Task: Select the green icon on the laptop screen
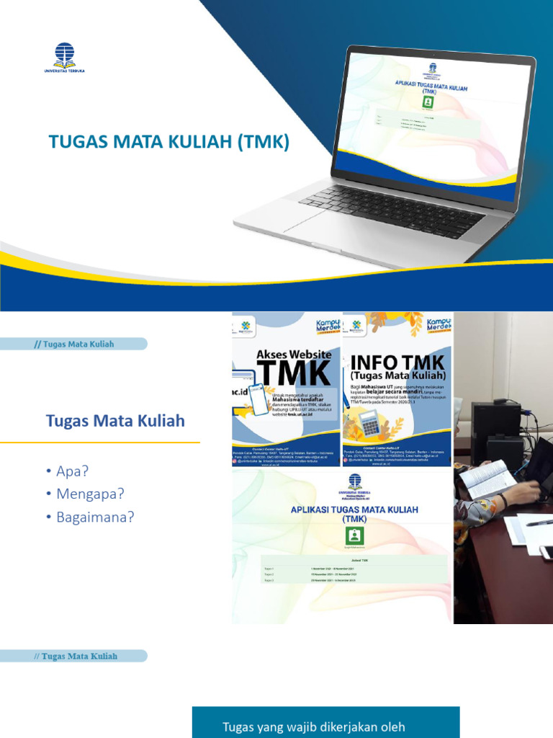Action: pos(428,102)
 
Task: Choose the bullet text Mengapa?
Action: pos(91,494)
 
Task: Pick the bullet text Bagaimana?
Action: pos(96,517)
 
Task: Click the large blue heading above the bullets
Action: pos(115,421)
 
